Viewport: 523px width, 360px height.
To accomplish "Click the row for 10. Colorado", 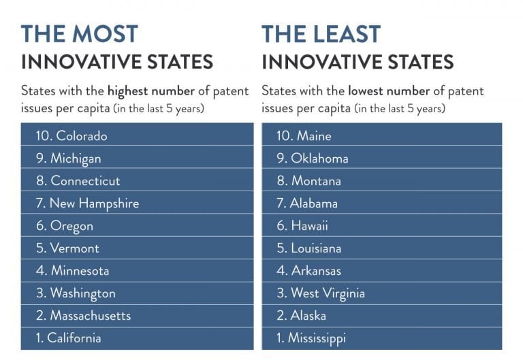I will pyautogui.click(x=72, y=136).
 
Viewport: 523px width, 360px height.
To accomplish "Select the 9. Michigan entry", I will pyautogui.click(x=68, y=159).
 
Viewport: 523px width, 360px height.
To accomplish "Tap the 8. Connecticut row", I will pyautogui.click(x=78, y=181).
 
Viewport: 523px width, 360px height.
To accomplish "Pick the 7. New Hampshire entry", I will pyautogui.click(x=87, y=203).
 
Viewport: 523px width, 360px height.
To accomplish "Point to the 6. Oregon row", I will pyautogui.click(x=65, y=226).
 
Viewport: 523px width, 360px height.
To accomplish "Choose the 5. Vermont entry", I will pyautogui.click(x=67, y=248).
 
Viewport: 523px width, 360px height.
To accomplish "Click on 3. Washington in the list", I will pyautogui.click(x=76, y=293).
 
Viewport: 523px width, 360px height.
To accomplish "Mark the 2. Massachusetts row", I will pyautogui.click(x=83, y=316).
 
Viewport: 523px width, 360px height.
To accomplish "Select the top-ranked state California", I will pyautogui.click(x=68, y=338).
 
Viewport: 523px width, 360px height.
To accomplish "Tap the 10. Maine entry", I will pyautogui.click(x=304, y=136).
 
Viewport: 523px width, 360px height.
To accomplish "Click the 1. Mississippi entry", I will pyautogui.click(x=311, y=338).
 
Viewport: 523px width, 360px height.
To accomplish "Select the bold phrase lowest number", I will pyautogui.click(x=389, y=91).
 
